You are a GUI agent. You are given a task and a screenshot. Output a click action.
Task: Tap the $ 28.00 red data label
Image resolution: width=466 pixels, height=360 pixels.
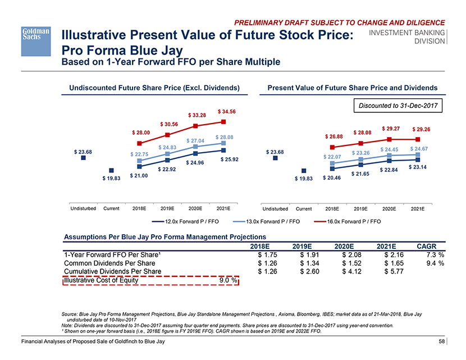tap(140, 132)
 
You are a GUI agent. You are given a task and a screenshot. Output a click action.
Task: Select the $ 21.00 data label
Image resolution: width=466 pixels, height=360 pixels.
tap(139, 176)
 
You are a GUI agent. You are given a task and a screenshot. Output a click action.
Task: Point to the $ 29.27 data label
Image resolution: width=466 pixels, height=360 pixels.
tap(390, 128)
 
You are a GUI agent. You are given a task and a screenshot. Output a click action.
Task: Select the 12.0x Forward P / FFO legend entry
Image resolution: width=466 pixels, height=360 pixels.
tap(185, 221)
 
